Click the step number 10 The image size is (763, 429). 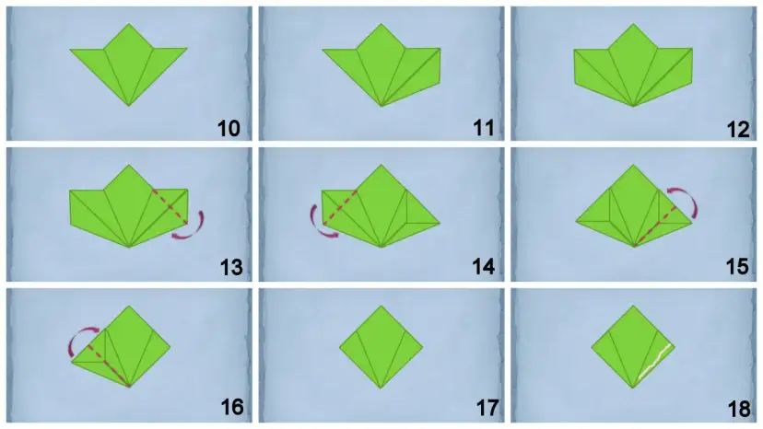click(229, 129)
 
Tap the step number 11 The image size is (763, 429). click(483, 129)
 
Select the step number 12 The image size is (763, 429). click(738, 130)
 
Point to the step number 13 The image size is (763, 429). click(231, 267)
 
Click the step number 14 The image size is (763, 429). click(484, 267)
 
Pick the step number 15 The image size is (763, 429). click(737, 267)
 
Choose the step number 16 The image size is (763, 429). click(232, 407)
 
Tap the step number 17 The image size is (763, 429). click(487, 408)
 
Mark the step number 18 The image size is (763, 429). click(739, 409)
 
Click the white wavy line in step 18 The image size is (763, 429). click(654, 362)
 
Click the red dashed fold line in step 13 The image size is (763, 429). click(170, 207)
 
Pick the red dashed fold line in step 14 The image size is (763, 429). click(340, 207)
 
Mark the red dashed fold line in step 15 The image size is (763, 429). click(655, 226)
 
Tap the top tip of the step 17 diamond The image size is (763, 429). click(381, 306)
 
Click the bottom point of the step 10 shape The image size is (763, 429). click(129, 106)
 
